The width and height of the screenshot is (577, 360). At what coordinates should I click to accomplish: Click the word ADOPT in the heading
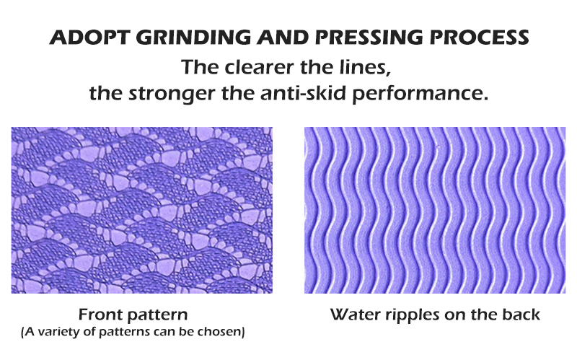tap(89, 38)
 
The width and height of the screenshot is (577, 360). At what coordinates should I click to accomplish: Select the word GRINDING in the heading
tap(193, 38)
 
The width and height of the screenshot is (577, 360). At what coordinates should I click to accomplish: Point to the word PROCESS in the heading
tap(479, 38)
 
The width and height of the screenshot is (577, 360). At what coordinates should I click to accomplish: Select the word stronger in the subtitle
tap(172, 94)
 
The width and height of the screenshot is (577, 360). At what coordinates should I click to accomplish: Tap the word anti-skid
tap(303, 93)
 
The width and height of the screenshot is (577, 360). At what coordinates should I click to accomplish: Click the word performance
tap(420, 94)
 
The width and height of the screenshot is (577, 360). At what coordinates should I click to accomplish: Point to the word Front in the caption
tap(100, 315)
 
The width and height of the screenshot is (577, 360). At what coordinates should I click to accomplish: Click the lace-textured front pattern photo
tap(142, 210)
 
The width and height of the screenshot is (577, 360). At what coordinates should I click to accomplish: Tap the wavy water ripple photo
tap(435, 210)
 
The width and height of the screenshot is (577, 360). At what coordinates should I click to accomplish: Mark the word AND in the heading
tap(283, 38)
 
